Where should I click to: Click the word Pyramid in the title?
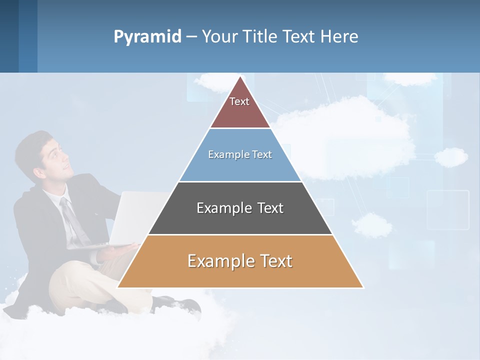147,37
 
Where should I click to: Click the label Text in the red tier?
239,101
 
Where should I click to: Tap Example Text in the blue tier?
240,154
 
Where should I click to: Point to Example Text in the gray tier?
240,208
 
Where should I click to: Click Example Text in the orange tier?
240,261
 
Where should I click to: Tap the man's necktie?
72,220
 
